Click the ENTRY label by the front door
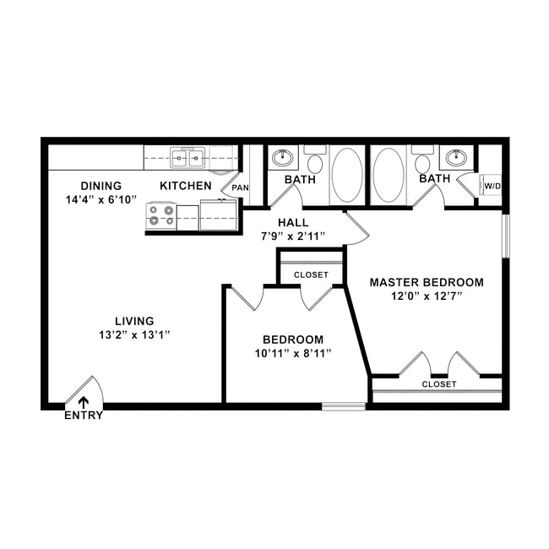84,415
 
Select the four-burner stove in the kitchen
161,216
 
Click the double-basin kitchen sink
188,157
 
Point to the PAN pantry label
241,188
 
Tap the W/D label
492,186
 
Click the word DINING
101,186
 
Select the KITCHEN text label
186,186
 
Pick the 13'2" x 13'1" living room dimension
135,334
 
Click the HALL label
292,222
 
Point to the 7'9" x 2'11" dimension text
292,236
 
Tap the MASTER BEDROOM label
427,282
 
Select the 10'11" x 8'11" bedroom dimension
292,353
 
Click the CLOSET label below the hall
311,274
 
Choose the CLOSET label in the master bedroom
439,384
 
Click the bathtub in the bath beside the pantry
346,175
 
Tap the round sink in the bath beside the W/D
456,157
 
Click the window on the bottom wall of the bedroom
344,406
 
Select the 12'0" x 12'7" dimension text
427,296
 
